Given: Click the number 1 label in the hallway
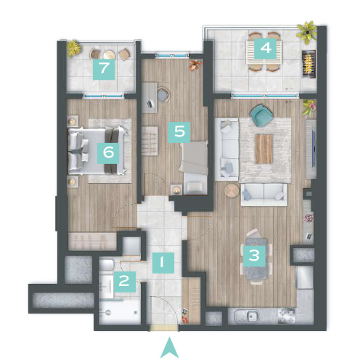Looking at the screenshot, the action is click(x=163, y=263).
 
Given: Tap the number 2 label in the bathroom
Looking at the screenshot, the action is click(x=125, y=282).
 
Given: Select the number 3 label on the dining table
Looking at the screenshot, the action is click(x=254, y=255).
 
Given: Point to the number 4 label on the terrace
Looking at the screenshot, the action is click(x=265, y=49).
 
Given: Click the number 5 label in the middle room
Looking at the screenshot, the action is click(x=179, y=132).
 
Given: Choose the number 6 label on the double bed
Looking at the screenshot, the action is click(x=108, y=153).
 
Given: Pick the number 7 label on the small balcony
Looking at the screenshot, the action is click(x=104, y=69).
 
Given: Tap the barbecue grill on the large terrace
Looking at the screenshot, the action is click(x=309, y=64).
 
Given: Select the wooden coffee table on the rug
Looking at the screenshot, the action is click(x=264, y=149).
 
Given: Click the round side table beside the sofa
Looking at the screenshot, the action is click(x=232, y=191).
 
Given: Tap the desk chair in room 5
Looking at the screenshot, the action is click(x=163, y=94).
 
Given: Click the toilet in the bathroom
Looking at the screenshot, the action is click(x=107, y=265).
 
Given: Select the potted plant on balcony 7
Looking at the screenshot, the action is click(x=74, y=49).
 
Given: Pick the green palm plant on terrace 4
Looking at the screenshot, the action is click(x=307, y=33).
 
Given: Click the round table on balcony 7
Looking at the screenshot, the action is click(x=109, y=54).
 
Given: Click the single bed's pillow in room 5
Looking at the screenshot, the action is click(x=195, y=187).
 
